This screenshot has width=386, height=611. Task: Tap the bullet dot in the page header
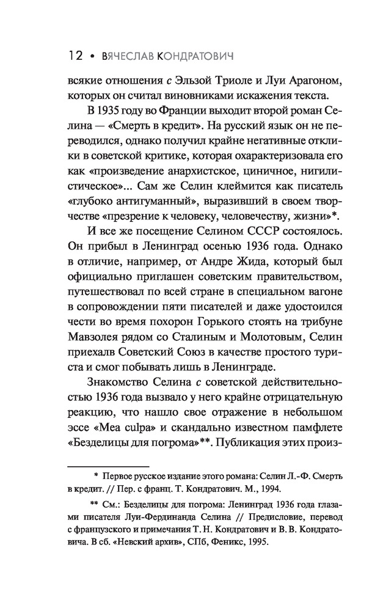pos(92,57)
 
